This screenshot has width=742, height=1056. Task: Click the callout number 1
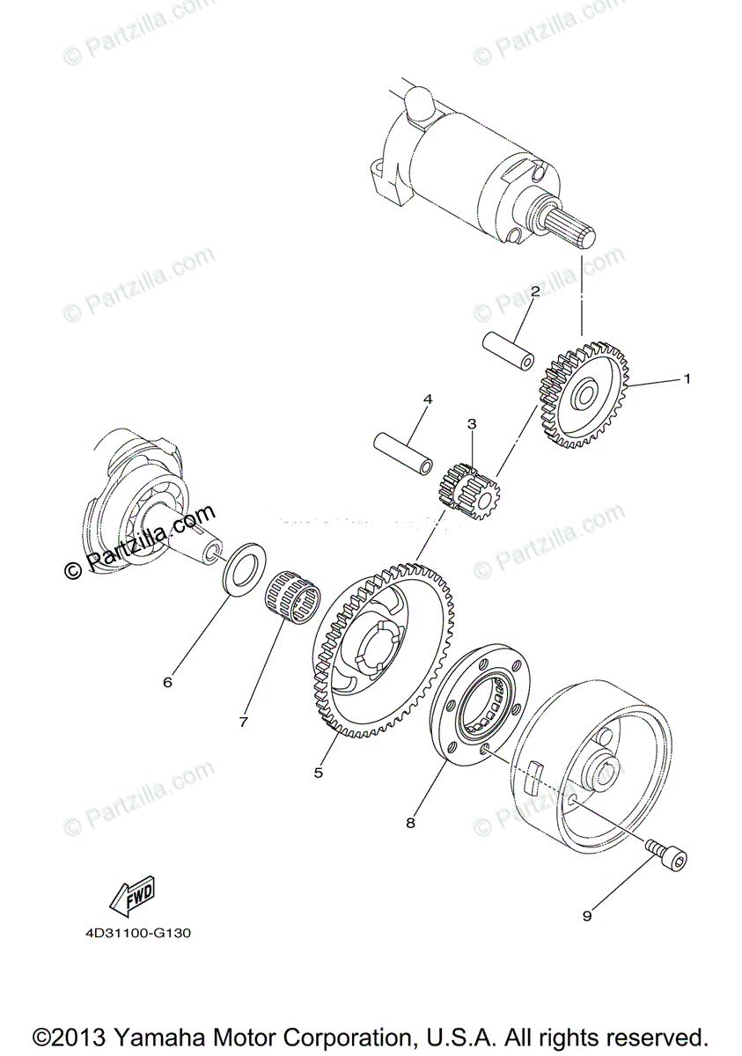pyautogui.click(x=687, y=379)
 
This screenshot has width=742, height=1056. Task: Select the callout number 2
pyautogui.click(x=533, y=291)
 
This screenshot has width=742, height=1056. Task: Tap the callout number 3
pyautogui.click(x=472, y=424)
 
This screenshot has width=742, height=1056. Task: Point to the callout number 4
pyautogui.click(x=428, y=400)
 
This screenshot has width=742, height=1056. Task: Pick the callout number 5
pyautogui.click(x=319, y=773)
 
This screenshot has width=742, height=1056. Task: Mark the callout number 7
pyautogui.click(x=243, y=722)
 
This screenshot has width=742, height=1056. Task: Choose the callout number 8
pyautogui.click(x=410, y=824)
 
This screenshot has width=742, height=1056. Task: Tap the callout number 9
pyautogui.click(x=587, y=915)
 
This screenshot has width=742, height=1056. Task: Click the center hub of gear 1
pyautogui.click(x=584, y=399)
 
